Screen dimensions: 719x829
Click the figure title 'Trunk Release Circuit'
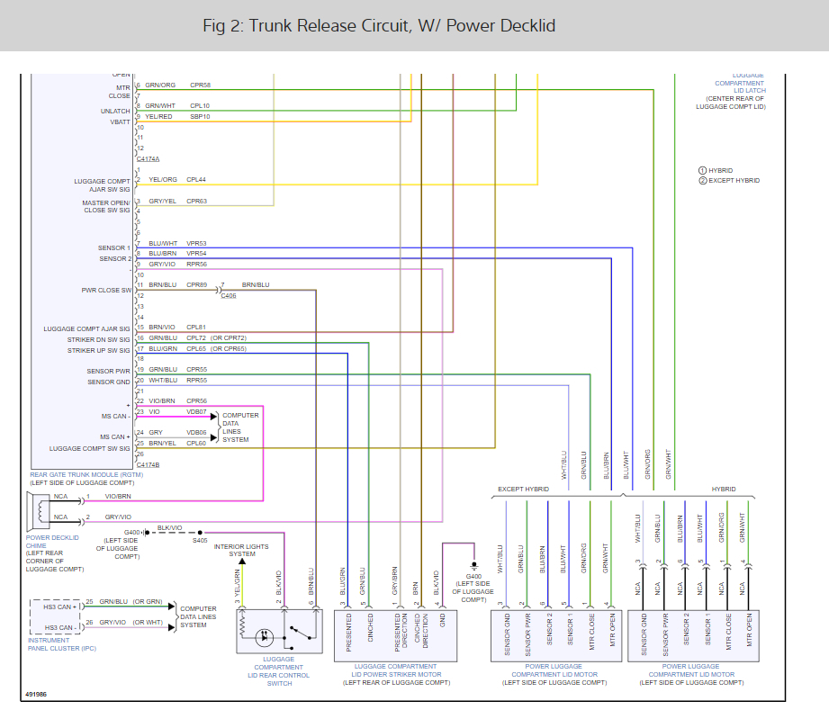tap(379, 25)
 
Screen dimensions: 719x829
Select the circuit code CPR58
tap(200, 85)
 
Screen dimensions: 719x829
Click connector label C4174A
tap(149, 158)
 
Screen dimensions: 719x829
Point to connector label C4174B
tap(149, 464)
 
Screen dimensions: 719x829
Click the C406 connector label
tap(228, 295)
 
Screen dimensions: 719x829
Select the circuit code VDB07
tap(196, 412)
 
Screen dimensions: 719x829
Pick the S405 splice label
tap(200, 541)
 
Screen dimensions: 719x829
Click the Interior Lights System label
tap(240, 550)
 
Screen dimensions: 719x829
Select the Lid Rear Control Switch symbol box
tap(279, 630)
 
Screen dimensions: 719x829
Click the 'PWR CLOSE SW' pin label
tap(106, 290)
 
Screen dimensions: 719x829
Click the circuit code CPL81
tap(196, 328)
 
